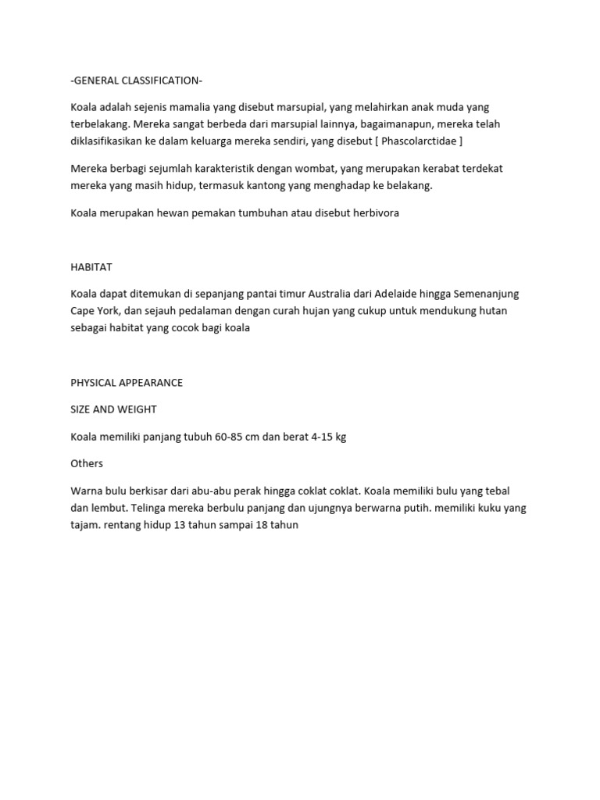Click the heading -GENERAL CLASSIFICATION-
coord(136,80)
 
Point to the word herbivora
coord(375,212)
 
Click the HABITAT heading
coord(91,267)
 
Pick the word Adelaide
coord(398,294)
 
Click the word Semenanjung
coord(486,294)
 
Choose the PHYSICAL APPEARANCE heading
coord(127,383)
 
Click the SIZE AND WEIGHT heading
coord(113,409)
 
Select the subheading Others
coord(87,463)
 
